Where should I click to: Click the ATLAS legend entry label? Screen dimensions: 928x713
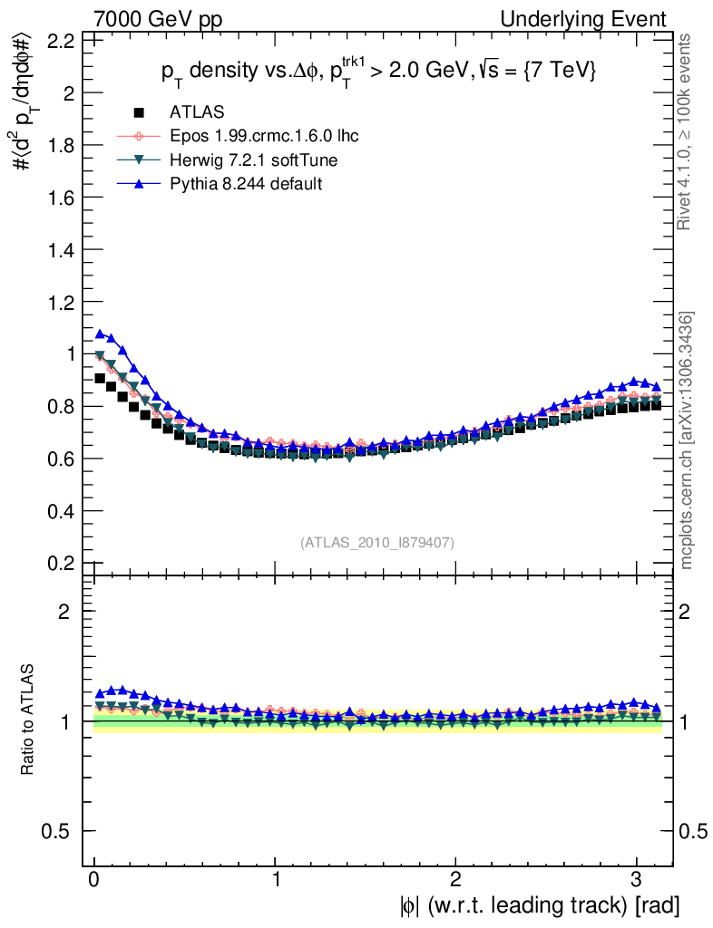click(197, 112)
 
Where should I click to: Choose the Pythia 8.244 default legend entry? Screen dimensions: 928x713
click(246, 183)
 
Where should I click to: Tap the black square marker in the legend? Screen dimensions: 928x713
click(139, 112)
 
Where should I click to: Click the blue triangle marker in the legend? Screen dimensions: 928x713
click(139, 183)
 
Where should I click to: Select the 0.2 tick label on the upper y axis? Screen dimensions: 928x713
click(60, 563)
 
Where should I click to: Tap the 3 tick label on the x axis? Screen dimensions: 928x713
click(637, 880)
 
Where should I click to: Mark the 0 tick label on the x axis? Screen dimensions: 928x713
click(94, 880)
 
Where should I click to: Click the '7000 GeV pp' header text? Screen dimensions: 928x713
click(158, 19)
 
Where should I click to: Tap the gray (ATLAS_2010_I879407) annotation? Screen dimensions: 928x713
click(377, 542)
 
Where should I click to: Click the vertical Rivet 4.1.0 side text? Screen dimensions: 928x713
click(687, 131)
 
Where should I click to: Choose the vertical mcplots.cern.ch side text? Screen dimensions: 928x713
click(687, 441)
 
